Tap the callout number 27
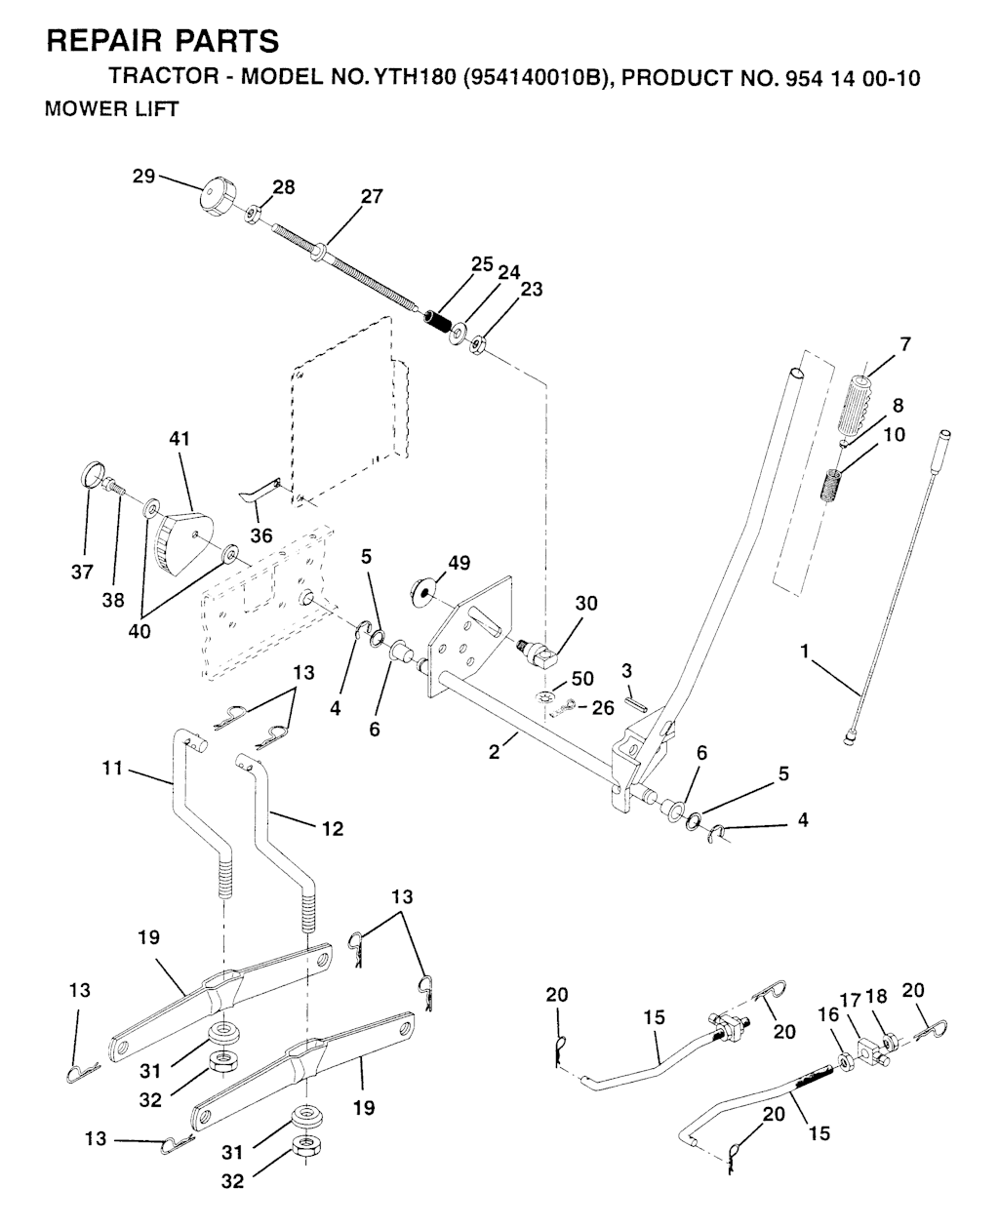point(372,196)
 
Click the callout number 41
point(180,439)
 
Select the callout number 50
point(582,678)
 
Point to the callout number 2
point(495,753)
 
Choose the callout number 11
point(112,769)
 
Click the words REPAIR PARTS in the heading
point(162,41)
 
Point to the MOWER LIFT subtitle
point(112,109)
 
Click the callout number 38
point(112,601)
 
